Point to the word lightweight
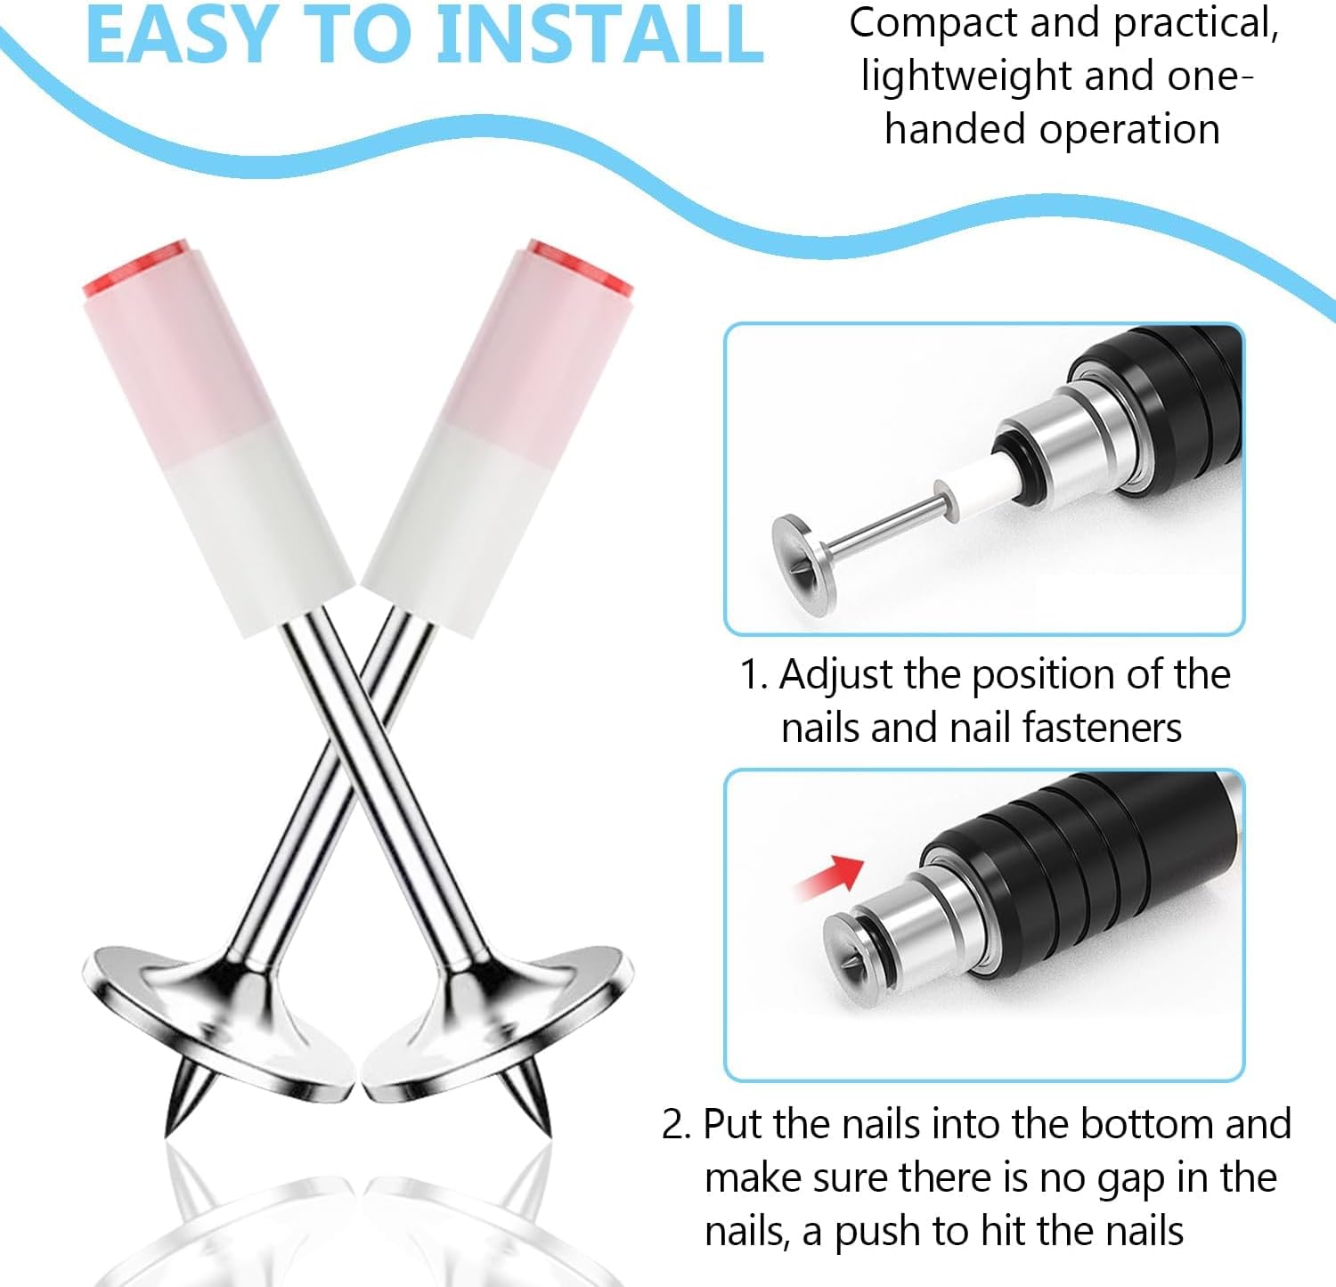(x=965, y=77)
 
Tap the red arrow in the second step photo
(x=828, y=876)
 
